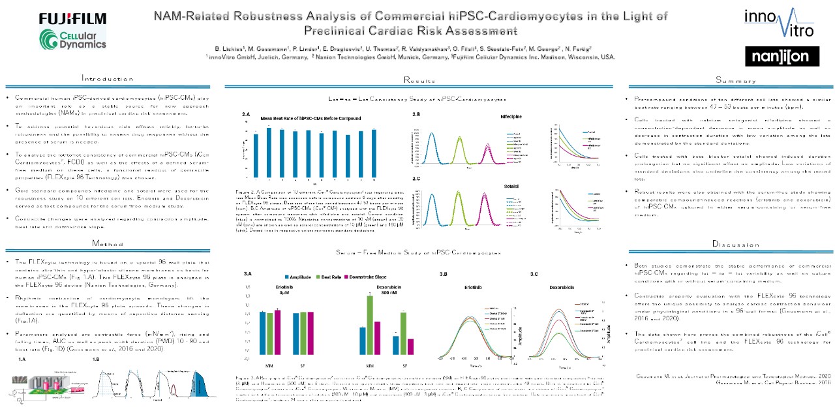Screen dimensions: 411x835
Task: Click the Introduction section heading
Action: click(107, 78)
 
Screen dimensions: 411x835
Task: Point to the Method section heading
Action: click(107, 243)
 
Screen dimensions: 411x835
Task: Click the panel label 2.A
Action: click(246, 114)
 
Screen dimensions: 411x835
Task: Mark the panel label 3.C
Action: click(534, 273)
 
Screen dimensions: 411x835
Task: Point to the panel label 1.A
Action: click(22, 359)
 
